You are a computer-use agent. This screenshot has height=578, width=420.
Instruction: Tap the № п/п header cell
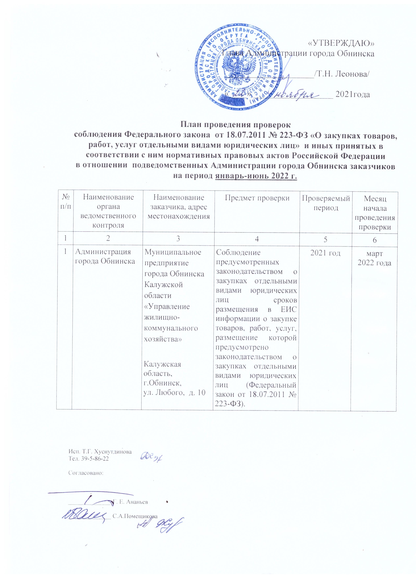(x=66, y=201)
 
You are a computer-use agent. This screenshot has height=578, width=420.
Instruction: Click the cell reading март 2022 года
(x=374, y=258)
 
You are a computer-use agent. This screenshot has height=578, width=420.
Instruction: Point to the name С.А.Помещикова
(x=135, y=523)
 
